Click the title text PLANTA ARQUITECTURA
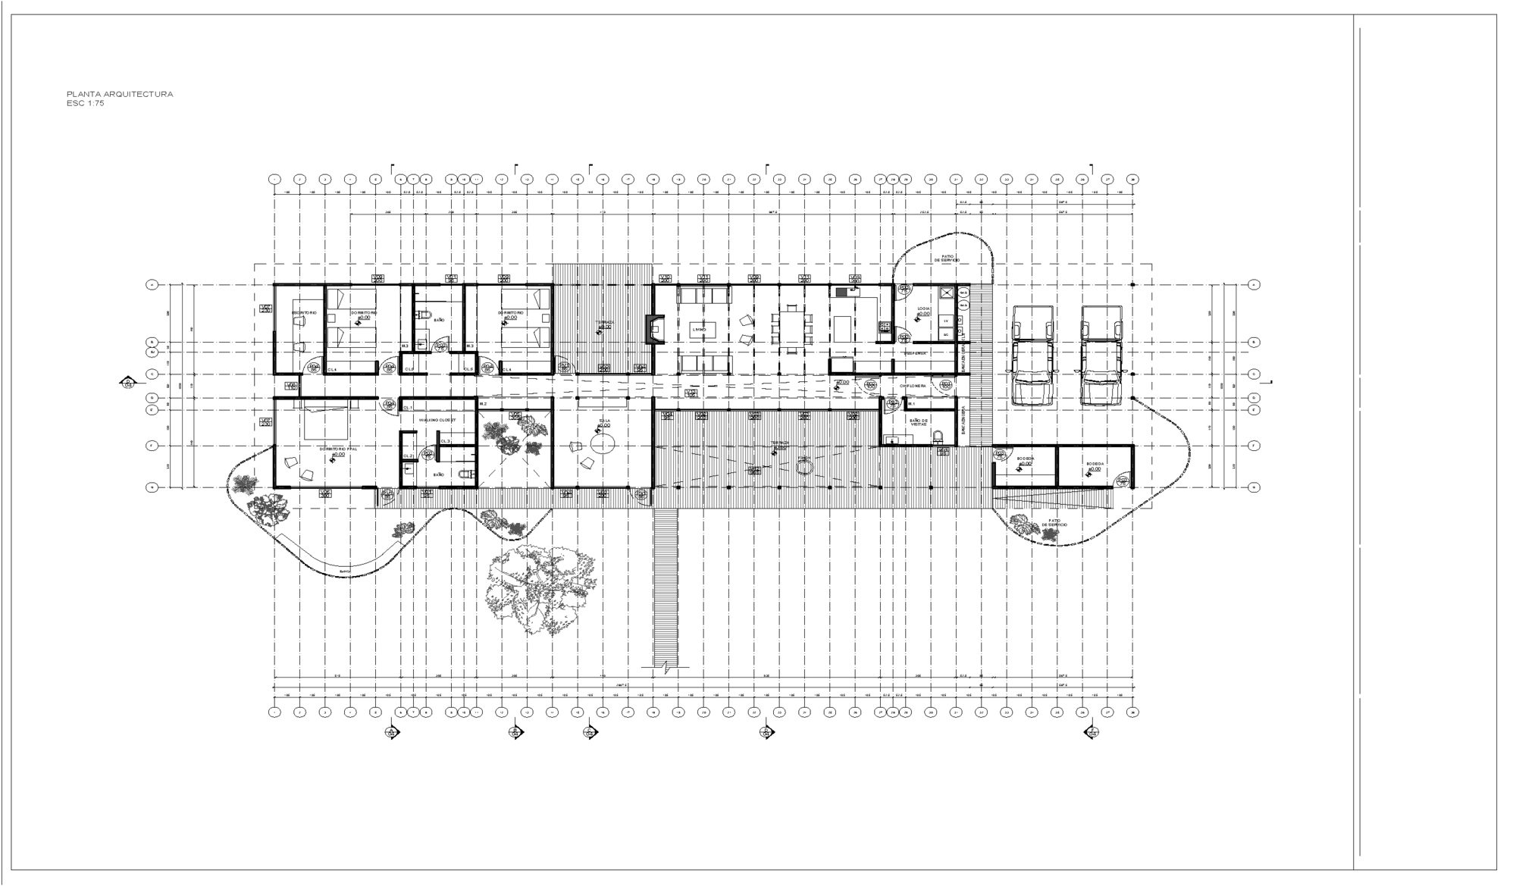[120, 94]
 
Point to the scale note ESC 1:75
[85, 103]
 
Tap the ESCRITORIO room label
[304, 312]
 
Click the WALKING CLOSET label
[437, 419]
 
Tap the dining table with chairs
[791, 329]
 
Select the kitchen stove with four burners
[882, 327]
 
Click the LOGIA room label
[923, 309]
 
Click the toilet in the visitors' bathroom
[938, 437]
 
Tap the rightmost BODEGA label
[1094, 464]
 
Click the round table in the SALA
[603, 443]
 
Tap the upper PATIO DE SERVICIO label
[947, 258]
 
